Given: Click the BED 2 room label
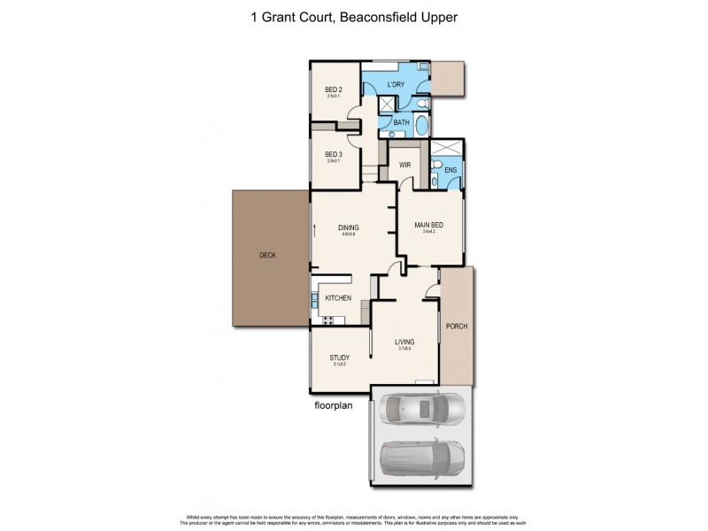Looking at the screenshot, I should tap(334, 89).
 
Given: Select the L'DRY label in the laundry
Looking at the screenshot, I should tap(396, 85).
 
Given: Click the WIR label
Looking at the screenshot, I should tap(405, 165).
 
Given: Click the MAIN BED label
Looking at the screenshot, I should tap(428, 225).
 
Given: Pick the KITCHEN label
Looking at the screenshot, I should tap(338, 298).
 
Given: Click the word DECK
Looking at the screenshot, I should tap(267, 255).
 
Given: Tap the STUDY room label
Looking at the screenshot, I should tap(340, 358).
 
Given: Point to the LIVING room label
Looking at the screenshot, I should tap(404, 342).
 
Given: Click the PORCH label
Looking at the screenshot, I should tap(457, 327).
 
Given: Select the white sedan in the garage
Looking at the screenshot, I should tap(421, 409).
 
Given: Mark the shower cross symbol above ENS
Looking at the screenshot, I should tap(450, 149).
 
